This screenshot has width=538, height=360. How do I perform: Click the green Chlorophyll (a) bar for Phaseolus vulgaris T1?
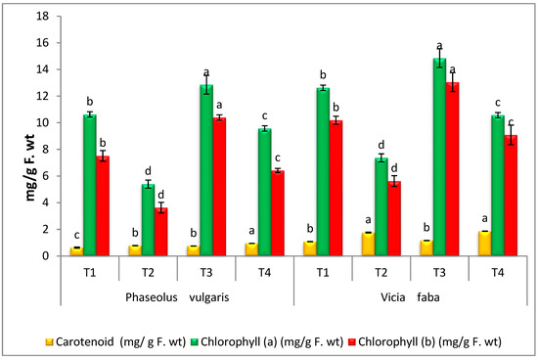tap(90, 186)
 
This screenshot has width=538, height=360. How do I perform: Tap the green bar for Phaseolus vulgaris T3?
tap(206, 171)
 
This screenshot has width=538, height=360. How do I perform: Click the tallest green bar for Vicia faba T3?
tap(439, 157)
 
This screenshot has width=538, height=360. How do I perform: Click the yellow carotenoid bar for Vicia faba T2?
tap(367, 245)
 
